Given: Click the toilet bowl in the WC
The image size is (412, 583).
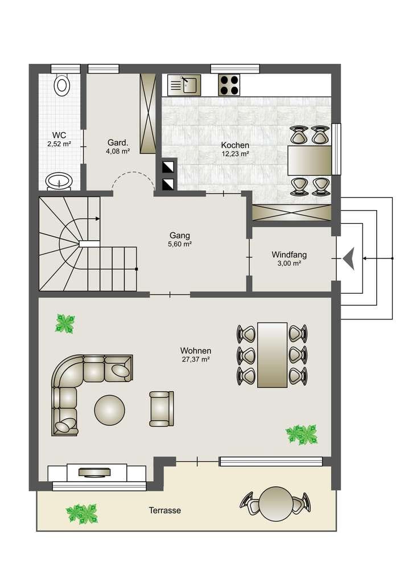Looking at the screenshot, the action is point(61,85).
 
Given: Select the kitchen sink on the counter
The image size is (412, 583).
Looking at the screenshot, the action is point(184,85).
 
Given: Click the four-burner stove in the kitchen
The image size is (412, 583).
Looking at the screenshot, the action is point(229,85).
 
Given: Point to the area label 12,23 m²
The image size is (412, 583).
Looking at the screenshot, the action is point(235,154).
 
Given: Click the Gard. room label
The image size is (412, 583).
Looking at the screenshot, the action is point(118,142).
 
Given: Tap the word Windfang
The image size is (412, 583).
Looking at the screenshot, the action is point(289,254).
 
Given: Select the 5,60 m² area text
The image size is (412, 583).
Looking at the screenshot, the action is point(180,244).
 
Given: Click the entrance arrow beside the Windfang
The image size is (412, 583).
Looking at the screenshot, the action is point(349,258).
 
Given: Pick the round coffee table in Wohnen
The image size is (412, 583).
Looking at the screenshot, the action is point(110,410).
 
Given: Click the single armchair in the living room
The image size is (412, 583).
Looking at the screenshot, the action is point(162,408).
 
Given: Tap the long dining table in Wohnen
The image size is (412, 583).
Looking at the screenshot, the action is point(273,355).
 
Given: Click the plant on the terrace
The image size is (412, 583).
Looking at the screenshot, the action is point(82,514).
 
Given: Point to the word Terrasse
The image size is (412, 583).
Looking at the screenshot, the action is point(165,511).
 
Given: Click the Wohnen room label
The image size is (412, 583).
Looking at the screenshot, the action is point(196,351).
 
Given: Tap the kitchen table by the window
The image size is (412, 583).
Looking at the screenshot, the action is point(310,160).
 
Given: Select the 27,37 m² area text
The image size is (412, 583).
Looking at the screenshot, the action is point(196,360).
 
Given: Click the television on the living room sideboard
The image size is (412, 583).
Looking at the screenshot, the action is point(94,472).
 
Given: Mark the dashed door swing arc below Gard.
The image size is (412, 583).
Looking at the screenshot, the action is point(133,173).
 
